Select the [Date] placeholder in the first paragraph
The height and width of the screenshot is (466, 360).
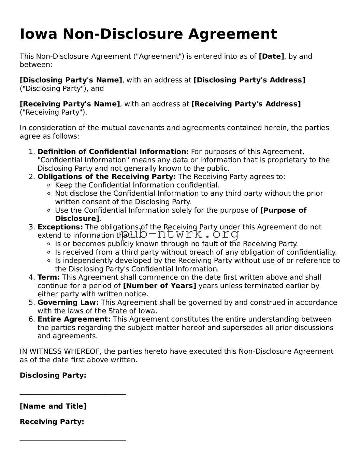coord(271,56)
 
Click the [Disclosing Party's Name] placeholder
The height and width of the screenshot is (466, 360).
coord(71,80)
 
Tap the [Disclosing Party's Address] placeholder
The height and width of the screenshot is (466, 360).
coord(249,80)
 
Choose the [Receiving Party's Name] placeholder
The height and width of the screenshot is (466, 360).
coord(70,104)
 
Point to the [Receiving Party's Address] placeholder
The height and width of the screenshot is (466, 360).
coord(246,104)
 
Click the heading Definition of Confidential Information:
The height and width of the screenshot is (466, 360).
coord(113,152)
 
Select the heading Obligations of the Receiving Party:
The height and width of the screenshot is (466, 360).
coord(106,177)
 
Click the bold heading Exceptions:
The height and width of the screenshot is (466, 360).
coord(60,227)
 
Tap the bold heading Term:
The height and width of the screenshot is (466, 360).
coord(48,278)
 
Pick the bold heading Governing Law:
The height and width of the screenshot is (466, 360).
coord(68,302)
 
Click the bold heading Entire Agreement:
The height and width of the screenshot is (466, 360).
coord(74,319)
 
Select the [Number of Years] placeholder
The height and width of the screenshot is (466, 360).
coord(159,286)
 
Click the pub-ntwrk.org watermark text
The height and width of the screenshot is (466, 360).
coord(180,234)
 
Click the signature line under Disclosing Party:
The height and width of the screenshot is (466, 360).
coord(73,394)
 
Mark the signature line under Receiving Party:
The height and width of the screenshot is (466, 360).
coord(73,440)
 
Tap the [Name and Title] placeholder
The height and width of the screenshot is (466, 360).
coord(53,406)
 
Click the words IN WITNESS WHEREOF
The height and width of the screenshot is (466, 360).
coord(60,352)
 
